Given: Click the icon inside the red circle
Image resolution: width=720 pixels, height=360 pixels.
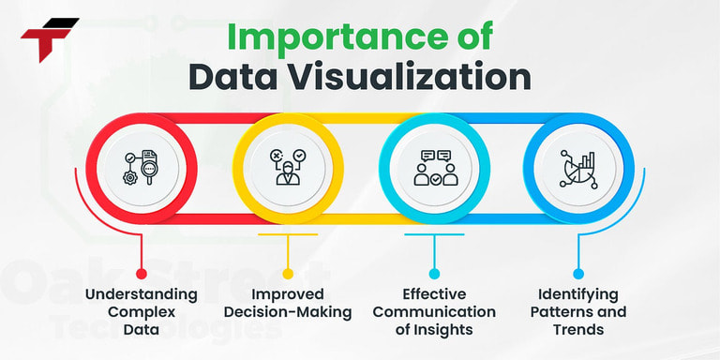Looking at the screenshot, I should click(x=142, y=167).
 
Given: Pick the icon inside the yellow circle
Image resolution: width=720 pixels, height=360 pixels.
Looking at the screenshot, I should click(x=287, y=167).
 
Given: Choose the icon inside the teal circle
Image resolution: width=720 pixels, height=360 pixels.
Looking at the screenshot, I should click(x=434, y=167).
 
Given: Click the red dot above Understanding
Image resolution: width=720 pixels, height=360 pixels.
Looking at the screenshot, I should click(x=142, y=274).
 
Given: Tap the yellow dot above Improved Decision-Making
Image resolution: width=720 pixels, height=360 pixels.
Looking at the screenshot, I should click(x=288, y=274).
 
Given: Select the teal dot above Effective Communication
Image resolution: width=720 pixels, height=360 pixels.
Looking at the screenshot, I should click(x=434, y=274).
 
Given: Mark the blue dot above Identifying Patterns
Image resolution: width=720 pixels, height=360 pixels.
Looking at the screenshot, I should click(x=578, y=274).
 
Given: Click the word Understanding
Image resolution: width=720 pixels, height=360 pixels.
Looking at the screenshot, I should click(x=142, y=294).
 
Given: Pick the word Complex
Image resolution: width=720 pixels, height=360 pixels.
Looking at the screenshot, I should click(x=142, y=312).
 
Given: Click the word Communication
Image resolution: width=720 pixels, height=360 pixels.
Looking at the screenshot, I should click(x=434, y=312).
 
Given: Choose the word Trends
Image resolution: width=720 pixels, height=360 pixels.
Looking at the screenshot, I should click(x=578, y=330).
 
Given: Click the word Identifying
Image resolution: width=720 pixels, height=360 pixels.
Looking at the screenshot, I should click(x=578, y=294).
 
